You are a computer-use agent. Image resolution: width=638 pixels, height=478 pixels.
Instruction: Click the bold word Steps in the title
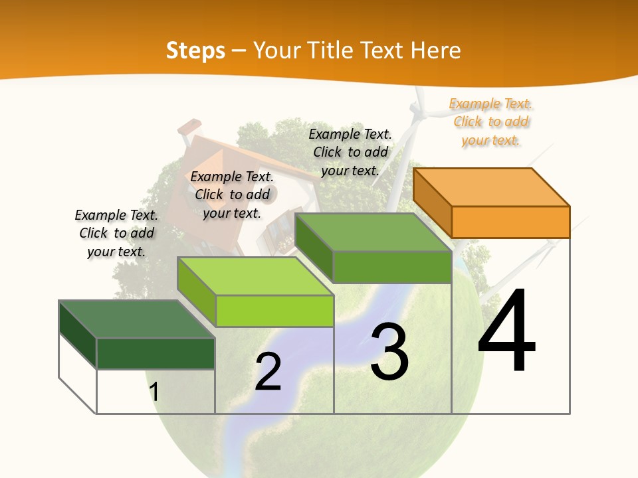pyautogui.click(x=195, y=51)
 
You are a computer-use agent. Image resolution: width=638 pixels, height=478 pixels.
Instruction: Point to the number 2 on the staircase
pyautogui.click(x=268, y=372)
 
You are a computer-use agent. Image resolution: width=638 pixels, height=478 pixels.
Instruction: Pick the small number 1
pyautogui.click(x=154, y=392)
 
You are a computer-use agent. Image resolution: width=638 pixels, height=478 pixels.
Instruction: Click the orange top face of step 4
pyautogui.click(x=490, y=187)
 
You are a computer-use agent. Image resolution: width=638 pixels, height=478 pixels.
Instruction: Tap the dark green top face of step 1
pyautogui.click(x=136, y=319)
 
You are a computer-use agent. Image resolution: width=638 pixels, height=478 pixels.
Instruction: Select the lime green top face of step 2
pyautogui.click(x=255, y=276)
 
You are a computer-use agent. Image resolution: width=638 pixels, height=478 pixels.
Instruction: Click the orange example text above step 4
pyautogui.click(x=491, y=121)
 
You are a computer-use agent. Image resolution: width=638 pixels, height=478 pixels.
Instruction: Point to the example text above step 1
pyautogui.click(x=116, y=233)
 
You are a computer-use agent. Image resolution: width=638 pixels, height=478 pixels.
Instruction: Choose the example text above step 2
pyautogui.click(x=232, y=195)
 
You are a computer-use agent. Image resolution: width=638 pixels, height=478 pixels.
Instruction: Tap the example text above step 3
pyautogui.click(x=350, y=152)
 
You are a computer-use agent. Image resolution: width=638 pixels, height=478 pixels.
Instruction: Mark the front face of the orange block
pyautogui.click(x=510, y=222)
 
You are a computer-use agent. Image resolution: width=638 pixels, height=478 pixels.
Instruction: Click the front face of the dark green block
pyautogui.click(x=156, y=353)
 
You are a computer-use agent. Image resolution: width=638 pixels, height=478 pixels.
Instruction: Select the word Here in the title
pyautogui.click(x=436, y=51)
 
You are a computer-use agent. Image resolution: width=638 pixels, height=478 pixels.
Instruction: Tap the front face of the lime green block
pyautogui.click(x=274, y=311)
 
